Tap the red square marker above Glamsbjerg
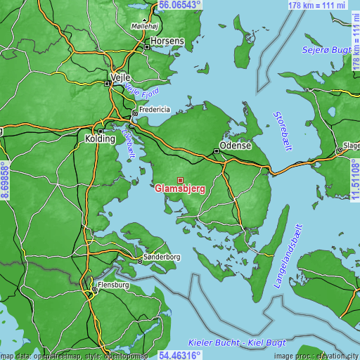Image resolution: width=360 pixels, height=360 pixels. [x=180, y=181]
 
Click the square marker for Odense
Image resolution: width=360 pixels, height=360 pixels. [x=217, y=150]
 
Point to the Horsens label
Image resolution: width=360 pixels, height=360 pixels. [x=169, y=41]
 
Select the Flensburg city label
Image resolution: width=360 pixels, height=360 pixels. [x=114, y=287]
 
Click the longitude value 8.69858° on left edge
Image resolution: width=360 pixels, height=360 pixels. [x=6, y=181]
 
